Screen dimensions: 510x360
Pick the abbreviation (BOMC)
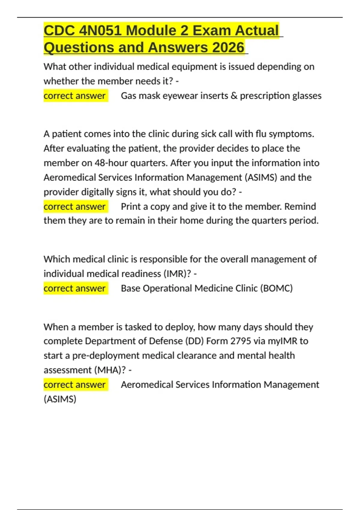point(276,288)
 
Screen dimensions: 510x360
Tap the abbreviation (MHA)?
point(110,370)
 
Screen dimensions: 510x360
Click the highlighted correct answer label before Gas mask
point(75,96)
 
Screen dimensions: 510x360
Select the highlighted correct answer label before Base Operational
point(75,288)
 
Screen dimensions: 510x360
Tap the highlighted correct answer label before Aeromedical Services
point(75,385)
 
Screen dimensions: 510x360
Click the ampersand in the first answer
point(234,96)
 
